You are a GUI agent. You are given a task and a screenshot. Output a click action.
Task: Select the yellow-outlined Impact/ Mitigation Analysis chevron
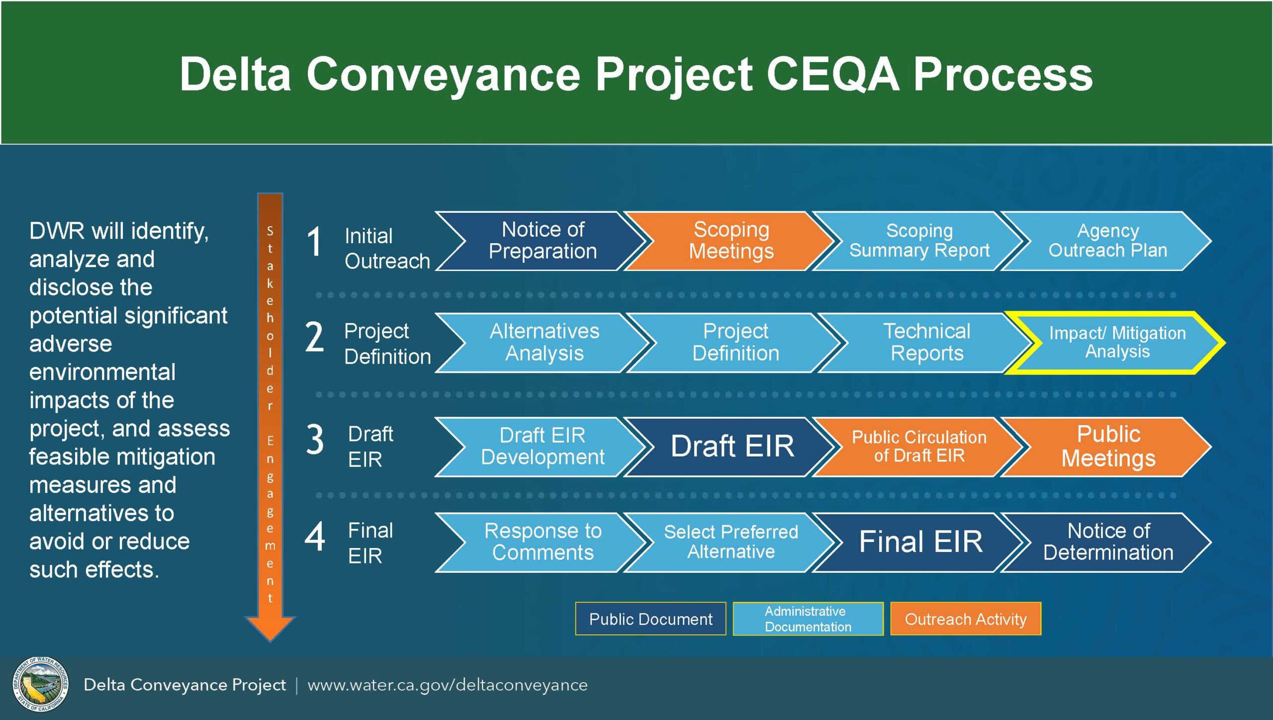tap(1117, 343)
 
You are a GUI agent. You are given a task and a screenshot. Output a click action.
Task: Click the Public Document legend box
tap(650, 619)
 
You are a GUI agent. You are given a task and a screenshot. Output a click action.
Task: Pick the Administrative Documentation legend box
tap(808, 619)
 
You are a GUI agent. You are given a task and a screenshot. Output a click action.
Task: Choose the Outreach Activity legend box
tap(966, 619)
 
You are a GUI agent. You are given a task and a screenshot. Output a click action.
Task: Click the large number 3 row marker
tap(315, 440)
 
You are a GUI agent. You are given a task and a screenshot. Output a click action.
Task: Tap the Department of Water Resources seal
tap(40, 685)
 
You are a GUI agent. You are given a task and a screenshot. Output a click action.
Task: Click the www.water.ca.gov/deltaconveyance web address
tap(448, 685)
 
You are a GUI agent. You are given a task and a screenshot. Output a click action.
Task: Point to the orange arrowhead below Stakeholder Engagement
tap(270, 628)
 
